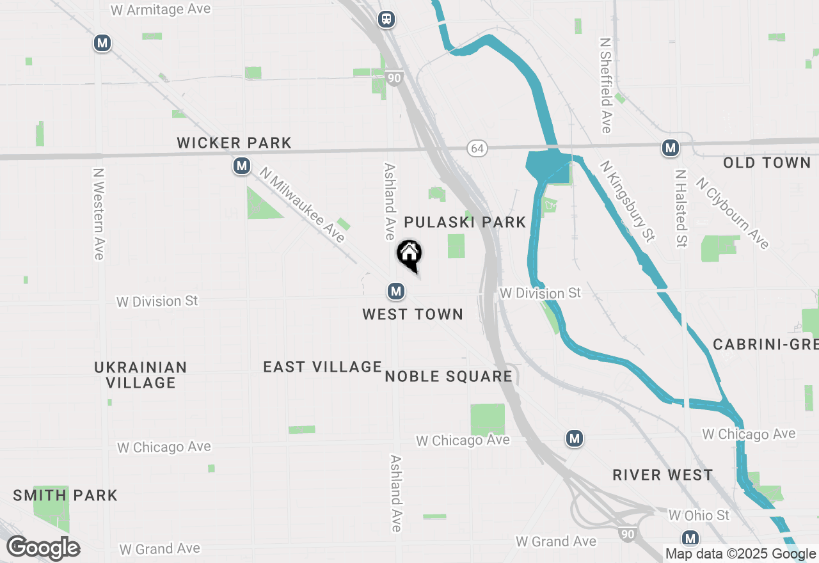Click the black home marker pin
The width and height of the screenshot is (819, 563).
click(409, 255)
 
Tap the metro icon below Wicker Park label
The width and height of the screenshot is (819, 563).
click(241, 167)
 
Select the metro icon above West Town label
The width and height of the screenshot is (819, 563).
click(396, 292)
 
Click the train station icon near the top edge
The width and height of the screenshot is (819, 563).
click(386, 19)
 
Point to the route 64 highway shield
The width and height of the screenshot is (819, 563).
click(477, 148)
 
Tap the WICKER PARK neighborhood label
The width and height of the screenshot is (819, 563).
click(234, 143)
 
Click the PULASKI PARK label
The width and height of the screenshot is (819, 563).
click(465, 222)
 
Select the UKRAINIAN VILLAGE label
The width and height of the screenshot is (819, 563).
click(141, 375)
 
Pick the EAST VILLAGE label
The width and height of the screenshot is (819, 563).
click(322, 367)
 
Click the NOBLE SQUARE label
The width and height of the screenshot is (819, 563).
click(449, 376)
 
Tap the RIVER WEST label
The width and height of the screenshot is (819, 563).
click(662, 475)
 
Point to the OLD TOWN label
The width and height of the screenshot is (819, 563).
click(767, 163)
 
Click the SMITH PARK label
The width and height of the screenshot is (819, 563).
click(65, 495)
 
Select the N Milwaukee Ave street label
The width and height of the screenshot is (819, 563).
click(303, 205)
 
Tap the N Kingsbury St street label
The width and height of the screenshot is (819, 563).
click(628, 202)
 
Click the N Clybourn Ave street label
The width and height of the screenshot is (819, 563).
click(733, 212)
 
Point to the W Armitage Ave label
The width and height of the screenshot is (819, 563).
click(161, 10)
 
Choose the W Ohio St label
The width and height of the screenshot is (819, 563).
click(699, 515)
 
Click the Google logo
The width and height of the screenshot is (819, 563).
click(43, 548)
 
